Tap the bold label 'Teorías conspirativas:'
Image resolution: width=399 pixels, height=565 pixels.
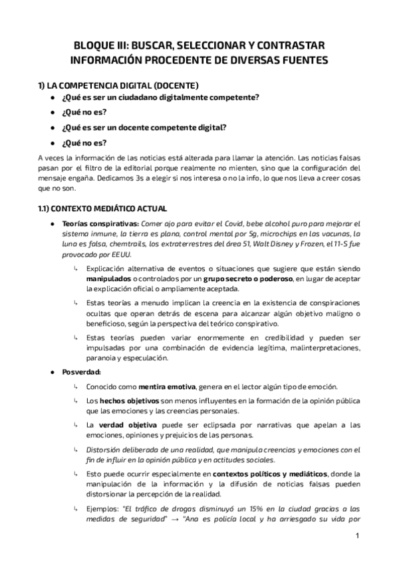pos(91,224)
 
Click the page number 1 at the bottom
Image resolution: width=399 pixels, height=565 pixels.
pos(356,536)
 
